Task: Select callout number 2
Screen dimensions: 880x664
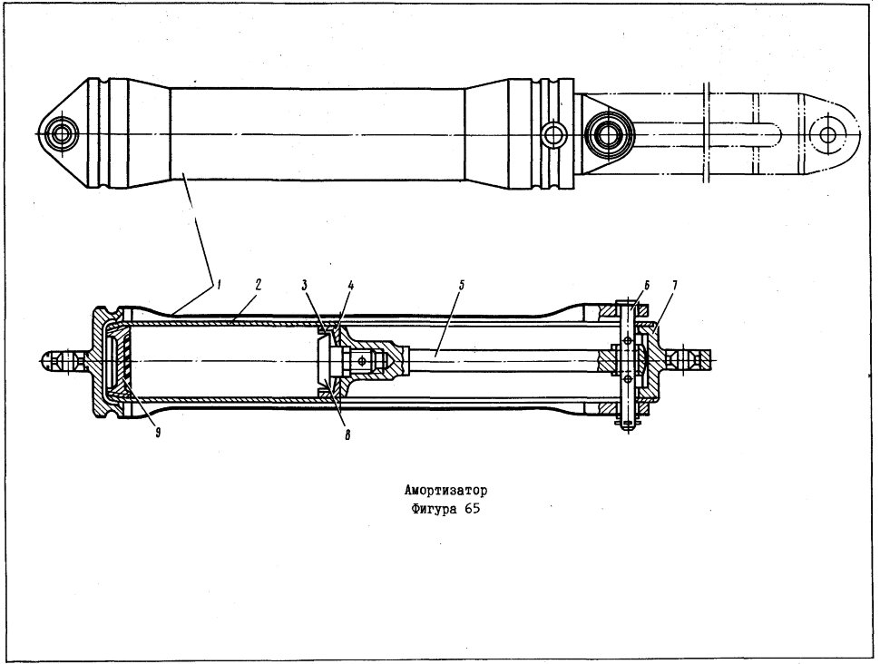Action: (259, 285)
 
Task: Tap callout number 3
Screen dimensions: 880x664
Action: (304, 285)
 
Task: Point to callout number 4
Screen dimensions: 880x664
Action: (350, 285)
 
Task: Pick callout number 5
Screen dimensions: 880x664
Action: (462, 285)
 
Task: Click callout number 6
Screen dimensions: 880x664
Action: (647, 285)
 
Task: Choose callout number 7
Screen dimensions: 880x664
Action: (675, 285)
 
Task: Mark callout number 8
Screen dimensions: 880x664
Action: (347, 435)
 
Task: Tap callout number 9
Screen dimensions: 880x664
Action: (158, 432)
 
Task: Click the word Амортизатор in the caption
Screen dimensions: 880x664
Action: (446, 491)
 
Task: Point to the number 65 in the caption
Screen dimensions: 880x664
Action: (473, 510)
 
